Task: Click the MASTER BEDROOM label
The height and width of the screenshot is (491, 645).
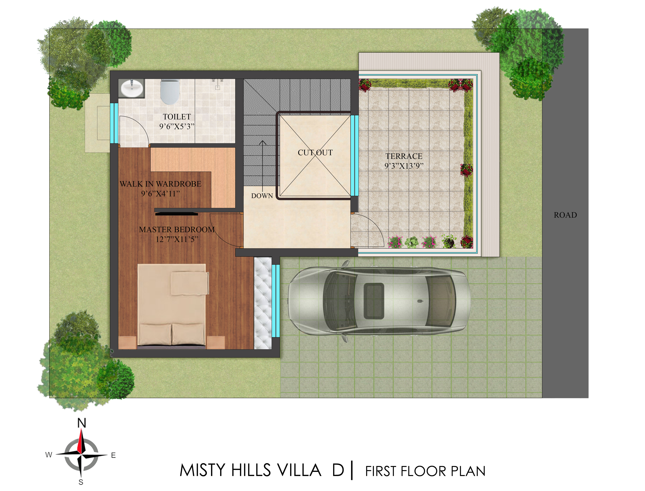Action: [x=177, y=230]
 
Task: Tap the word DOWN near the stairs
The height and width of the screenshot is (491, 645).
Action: [x=262, y=196]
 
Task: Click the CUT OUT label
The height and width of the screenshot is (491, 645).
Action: [x=315, y=153]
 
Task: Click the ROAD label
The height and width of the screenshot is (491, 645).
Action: [x=565, y=215]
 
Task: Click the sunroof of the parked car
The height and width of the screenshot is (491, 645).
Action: [x=374, y=301]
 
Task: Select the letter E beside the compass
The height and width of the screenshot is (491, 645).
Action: [x=113, y=455]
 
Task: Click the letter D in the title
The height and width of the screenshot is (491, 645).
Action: [x=338, y=470]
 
